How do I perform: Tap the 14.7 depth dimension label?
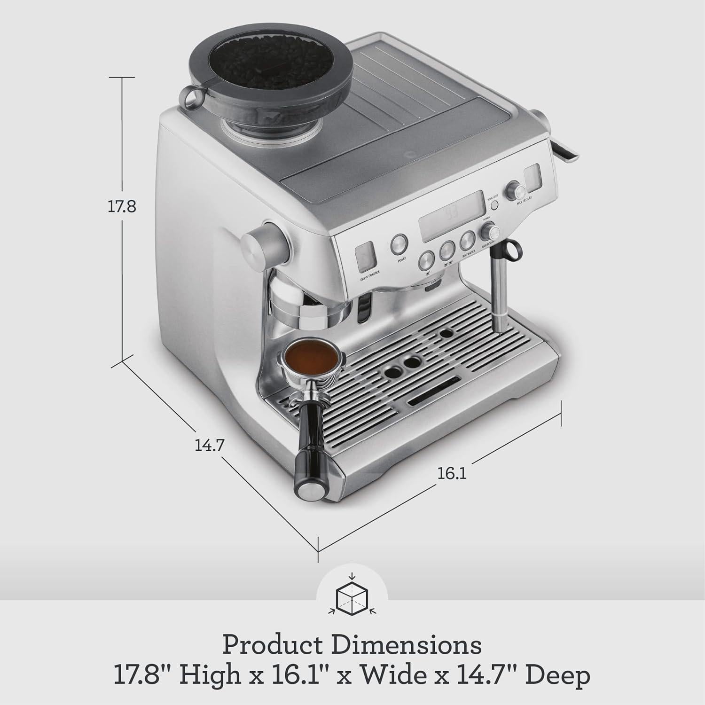pyautogui.click(x=209, y=444)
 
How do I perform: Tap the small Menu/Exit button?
pyautogui.click(x=494, y=205)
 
